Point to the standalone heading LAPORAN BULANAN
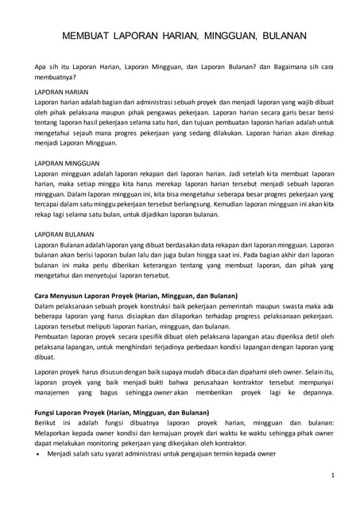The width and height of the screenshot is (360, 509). tap(65, 235)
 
